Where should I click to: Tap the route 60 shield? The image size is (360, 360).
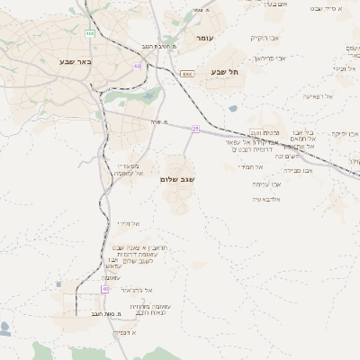pos(136,66)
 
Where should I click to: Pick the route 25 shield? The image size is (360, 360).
pos(195,128)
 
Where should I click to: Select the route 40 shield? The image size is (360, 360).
pos(104,289)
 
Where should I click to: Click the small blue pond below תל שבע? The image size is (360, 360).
pos(233,109)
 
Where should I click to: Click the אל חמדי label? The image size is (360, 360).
pos(250,166)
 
